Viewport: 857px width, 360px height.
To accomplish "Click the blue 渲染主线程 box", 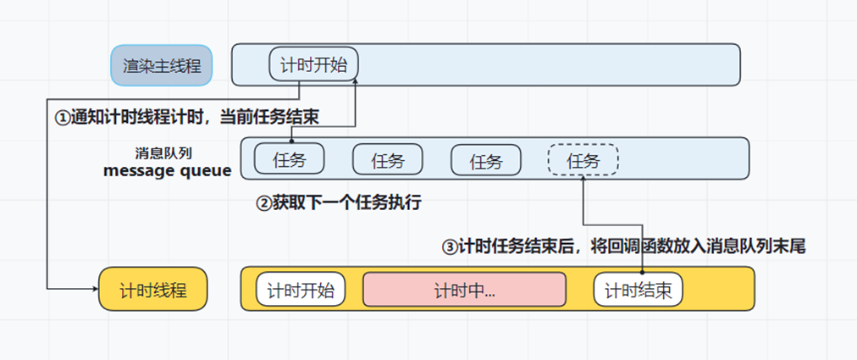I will (161, 65).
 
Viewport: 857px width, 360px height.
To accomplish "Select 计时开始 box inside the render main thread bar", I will (313, 64).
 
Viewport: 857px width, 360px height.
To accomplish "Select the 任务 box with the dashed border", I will (583, 159).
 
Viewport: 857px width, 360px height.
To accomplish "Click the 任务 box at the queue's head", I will (290, 159).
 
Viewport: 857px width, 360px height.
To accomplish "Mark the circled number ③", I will (450, 247).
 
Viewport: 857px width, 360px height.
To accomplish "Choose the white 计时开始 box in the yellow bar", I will (301, 291).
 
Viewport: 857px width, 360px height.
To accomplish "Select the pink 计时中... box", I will (464, 291).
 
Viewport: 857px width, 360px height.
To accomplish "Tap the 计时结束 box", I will (638, 291).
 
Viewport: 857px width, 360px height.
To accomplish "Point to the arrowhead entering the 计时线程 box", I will (94, 290).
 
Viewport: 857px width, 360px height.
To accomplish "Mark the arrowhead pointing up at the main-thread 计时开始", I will (355, 80).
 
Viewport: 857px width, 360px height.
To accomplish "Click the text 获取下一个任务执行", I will (347, 203).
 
